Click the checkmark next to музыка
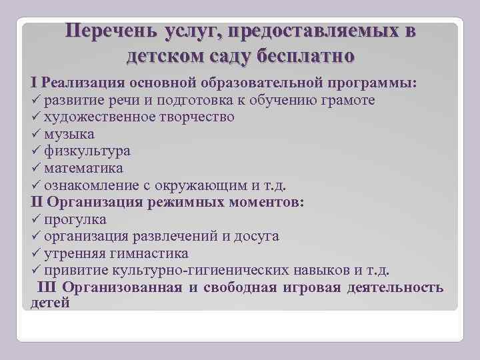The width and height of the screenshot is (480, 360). [x=36, y=134]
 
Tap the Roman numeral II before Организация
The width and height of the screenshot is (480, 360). [x=37, y=202]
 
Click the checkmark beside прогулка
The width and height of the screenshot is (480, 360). [x=36, y=219]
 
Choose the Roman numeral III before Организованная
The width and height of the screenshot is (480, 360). [x=48, y=287]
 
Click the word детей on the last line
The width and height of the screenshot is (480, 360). [x=50, y=303]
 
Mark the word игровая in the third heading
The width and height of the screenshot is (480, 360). [x=315, y=287]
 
